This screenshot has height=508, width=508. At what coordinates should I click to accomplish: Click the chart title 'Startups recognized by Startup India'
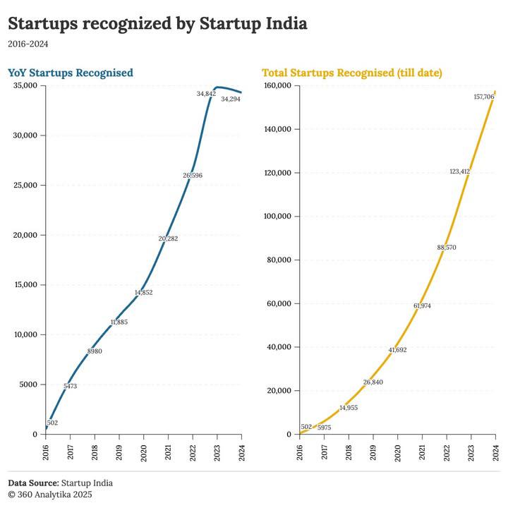[157, 23]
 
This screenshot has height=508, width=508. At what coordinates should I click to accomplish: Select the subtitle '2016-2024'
[28, 44]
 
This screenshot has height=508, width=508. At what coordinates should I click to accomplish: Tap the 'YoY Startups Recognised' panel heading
[71, 73]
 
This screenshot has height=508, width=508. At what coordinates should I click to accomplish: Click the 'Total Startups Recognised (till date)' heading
[352, 73]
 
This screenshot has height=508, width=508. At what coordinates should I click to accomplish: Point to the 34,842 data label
[206, 93]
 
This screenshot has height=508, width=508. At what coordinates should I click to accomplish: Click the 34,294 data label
[231, 99]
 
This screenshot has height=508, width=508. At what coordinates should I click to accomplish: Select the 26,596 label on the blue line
[192, 175]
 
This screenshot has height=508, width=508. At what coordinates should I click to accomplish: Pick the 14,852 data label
[143, 292]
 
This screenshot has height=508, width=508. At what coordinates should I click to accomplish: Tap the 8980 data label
[95, 351]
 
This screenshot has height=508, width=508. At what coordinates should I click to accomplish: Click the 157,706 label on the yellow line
[483, 97]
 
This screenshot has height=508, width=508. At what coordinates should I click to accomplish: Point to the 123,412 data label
[459, 171]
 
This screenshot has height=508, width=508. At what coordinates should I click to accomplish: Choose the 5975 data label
[324, 428]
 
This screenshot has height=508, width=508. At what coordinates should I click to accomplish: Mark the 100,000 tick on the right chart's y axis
[278, 217]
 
